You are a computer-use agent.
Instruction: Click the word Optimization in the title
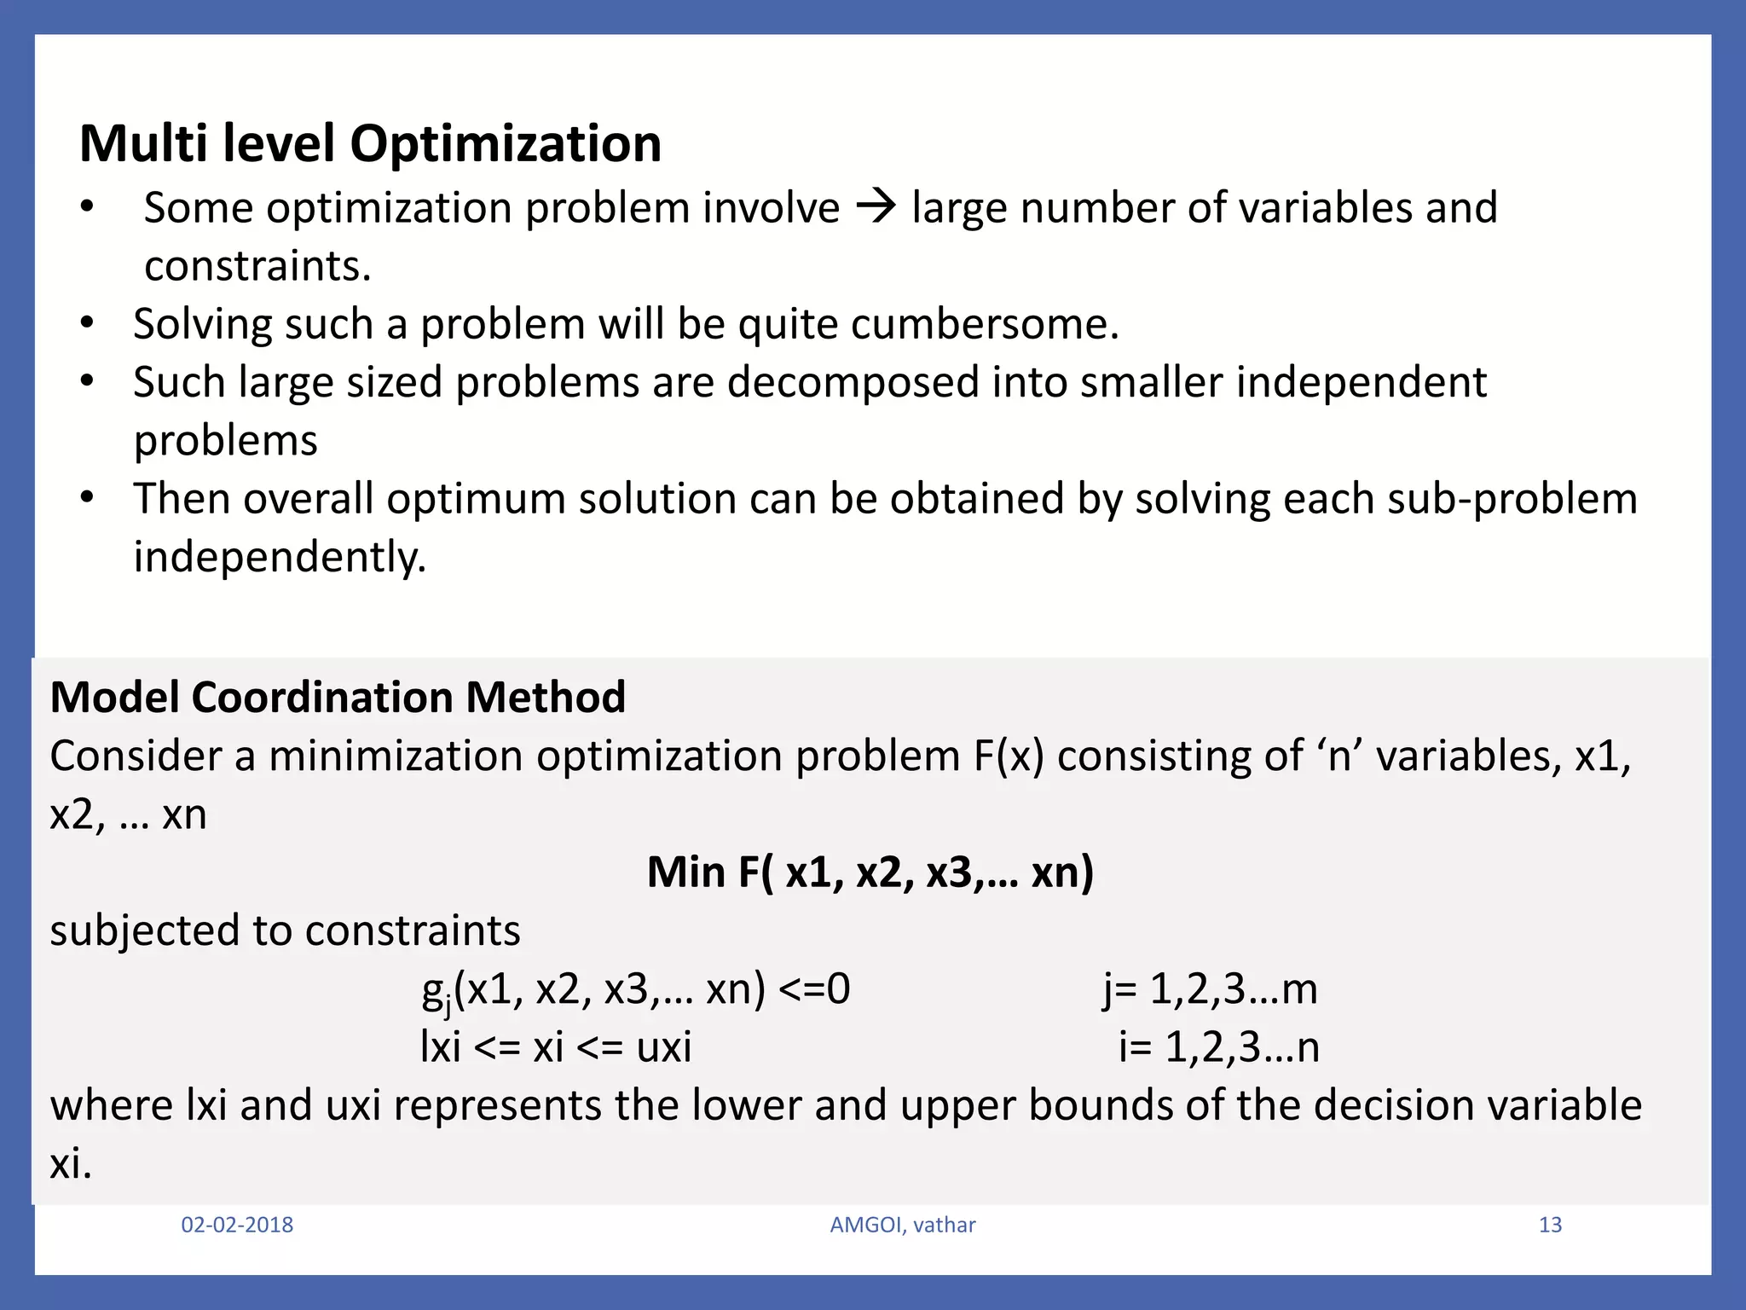506,143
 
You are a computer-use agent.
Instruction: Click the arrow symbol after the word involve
876,207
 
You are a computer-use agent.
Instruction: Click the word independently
280,557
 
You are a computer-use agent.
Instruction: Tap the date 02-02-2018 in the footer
237,1225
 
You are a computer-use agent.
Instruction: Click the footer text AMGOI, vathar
902,1225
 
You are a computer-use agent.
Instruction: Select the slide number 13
1549,1225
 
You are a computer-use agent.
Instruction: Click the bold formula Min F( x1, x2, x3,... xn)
870,872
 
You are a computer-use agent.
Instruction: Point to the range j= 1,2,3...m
1209,989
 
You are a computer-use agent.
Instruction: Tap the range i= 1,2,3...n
1218,1047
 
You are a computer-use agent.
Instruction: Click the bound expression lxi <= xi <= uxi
555,1047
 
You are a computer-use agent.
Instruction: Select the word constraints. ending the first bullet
257,266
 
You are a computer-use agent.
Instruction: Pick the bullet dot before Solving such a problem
86,323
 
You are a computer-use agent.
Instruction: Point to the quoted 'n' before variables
1340,756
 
